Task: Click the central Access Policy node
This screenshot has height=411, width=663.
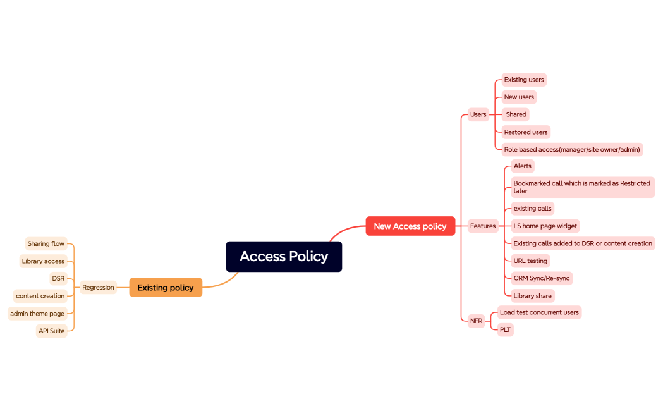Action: [284, 257]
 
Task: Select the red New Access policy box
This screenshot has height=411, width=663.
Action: [410, 226]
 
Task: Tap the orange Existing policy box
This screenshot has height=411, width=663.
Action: [166, 288]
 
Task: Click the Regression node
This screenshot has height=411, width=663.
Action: [98, 288]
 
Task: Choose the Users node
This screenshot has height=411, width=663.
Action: [478, 114]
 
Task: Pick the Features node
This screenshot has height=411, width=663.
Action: [483, 226]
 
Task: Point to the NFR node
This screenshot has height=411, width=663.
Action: [476, 321]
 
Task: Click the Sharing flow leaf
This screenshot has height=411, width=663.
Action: [46, 244]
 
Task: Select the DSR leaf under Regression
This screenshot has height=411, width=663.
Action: [58, 278]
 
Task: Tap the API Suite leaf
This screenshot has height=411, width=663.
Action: [51, 331]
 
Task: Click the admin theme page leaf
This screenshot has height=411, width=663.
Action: [37, 314]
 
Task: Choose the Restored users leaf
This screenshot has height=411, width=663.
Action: [525, 132]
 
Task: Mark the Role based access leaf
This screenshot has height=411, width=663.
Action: [572, 150]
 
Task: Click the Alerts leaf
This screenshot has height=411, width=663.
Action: [522, 166]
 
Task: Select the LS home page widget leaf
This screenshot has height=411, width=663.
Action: [545, 226]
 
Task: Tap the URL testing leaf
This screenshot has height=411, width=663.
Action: [530, 261]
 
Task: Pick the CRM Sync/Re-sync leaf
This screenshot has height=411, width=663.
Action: [542, 278]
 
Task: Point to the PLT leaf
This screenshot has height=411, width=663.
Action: [505, 329]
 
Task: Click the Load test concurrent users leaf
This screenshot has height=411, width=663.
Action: [538, 312]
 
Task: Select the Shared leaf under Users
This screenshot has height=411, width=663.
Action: [516, 114]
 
